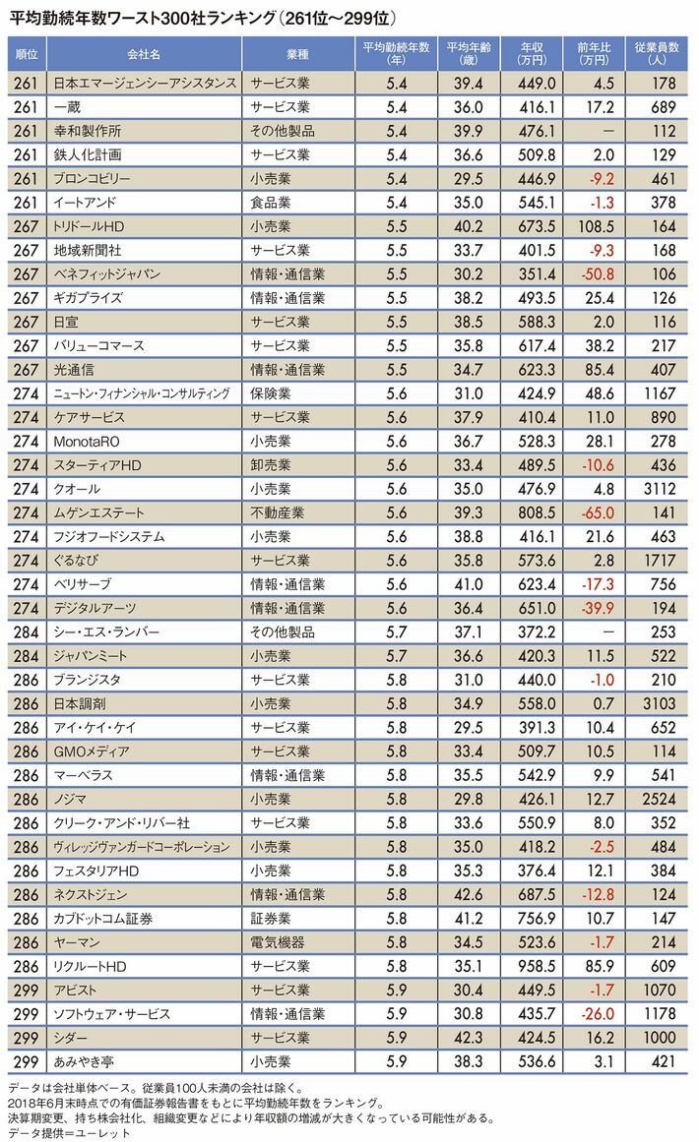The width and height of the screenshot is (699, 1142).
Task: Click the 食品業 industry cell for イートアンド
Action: pyautogui.click(x=273, y=203)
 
